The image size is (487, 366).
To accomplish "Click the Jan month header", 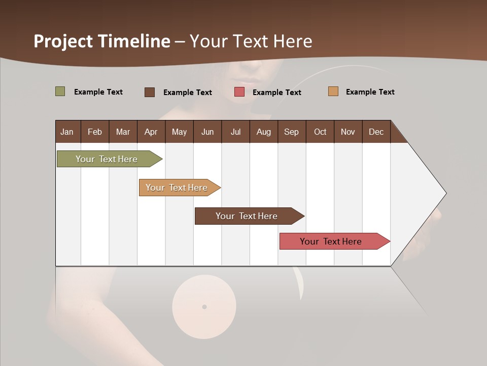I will click(x=67, y=132).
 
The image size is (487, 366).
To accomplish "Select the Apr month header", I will click(x=151, y=132).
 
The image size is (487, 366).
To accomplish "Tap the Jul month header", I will click(x=235, y=132).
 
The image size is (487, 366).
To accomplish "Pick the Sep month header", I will click(x=291, y=132).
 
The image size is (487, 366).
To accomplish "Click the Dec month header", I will click(x=376, y=132).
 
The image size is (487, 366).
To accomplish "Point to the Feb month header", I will click(x=95, y=132).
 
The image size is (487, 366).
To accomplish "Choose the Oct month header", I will click(x=320, y=132).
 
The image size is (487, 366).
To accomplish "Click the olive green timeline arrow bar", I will click(x=107, y=159).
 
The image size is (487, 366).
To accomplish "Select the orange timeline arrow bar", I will click(x=177, y=188).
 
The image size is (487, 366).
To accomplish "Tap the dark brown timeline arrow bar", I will click(x=247, y=216).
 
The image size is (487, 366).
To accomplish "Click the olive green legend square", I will click(x=60, y=91).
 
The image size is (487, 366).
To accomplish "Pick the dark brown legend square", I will click(x=150, y=92).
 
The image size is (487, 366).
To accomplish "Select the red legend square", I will click(x=239, y=92).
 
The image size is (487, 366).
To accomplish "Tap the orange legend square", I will click(x=333, y=91).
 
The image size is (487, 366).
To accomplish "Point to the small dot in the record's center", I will click(x=204, y=307).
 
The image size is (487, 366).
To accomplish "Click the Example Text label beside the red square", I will click(x=276, y=93).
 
